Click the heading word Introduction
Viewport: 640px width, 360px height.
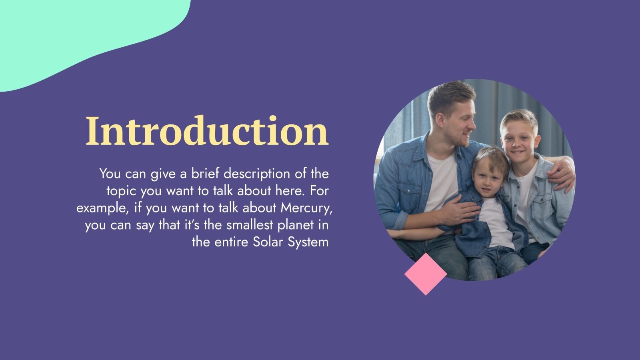tap(207, 131)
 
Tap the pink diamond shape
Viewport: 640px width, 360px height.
tap(425, 274)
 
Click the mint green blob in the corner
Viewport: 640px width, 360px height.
tap(80, 36)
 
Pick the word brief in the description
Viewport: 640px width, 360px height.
tap(205, 174)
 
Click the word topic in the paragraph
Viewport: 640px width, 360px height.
tap(121, 191)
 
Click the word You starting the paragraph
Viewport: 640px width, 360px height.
tap(110, 174)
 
